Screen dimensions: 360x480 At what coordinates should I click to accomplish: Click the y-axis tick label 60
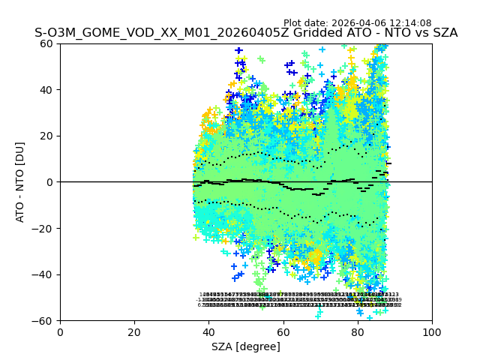point(46,43)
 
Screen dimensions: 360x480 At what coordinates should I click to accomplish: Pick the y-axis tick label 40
point(46,90)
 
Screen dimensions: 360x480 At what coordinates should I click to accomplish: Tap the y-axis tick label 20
point(46,136)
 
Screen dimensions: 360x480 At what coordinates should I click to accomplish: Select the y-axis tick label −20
point(43,228)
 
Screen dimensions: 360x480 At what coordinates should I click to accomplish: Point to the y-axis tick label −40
point(43,274)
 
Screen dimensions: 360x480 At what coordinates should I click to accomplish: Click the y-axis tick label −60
point(43,320)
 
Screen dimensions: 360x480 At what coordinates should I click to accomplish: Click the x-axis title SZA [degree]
point(246,346)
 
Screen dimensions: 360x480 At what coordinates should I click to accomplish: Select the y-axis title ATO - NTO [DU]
point(21,182)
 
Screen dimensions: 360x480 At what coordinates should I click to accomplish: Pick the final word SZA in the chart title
point(443,34)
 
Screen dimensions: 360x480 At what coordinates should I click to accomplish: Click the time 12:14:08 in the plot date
point(410,23)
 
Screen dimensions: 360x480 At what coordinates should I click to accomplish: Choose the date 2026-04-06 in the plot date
point(358,23)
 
